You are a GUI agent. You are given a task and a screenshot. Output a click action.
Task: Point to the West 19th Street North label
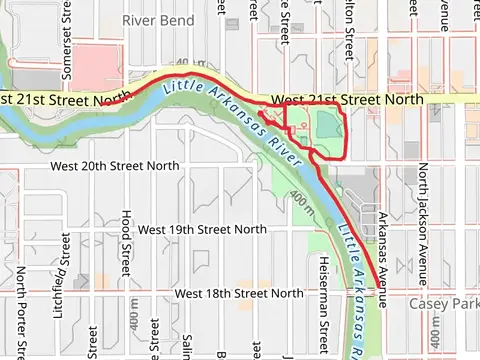click(202, 229)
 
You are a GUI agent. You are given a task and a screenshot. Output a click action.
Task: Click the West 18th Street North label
click(238, 293)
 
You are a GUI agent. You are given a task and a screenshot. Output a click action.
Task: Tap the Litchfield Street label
click(63, 260)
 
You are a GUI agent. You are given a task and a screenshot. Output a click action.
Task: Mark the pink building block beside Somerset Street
click(95, 65)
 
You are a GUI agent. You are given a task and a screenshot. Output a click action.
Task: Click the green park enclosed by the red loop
click(326, 130)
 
